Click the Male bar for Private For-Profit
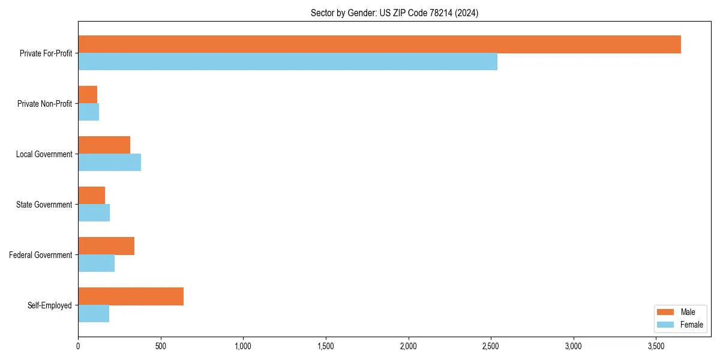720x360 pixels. coord(379,44)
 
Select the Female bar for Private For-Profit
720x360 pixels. coord(287,62)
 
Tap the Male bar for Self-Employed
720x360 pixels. coord(131,296)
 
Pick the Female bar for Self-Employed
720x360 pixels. coord(94,314)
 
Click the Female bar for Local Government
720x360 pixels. coord(109,163)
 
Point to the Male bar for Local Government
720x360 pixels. coord(104,145)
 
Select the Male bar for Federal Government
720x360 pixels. coord(106,246)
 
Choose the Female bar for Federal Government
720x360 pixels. coord(96,263)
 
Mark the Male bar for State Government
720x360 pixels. coord(91,196)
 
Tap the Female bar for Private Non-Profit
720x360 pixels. coord(88,112)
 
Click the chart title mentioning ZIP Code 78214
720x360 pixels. coord(394,13)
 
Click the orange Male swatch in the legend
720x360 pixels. coord(666,312)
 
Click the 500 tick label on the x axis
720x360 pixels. coord(160,346)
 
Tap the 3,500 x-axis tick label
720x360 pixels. coord(656,346)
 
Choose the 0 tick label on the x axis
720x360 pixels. coord(78,346)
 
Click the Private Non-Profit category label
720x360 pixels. coord(44,104)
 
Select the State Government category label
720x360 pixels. coord(44,205)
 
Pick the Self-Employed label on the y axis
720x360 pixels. coord(49,305)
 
